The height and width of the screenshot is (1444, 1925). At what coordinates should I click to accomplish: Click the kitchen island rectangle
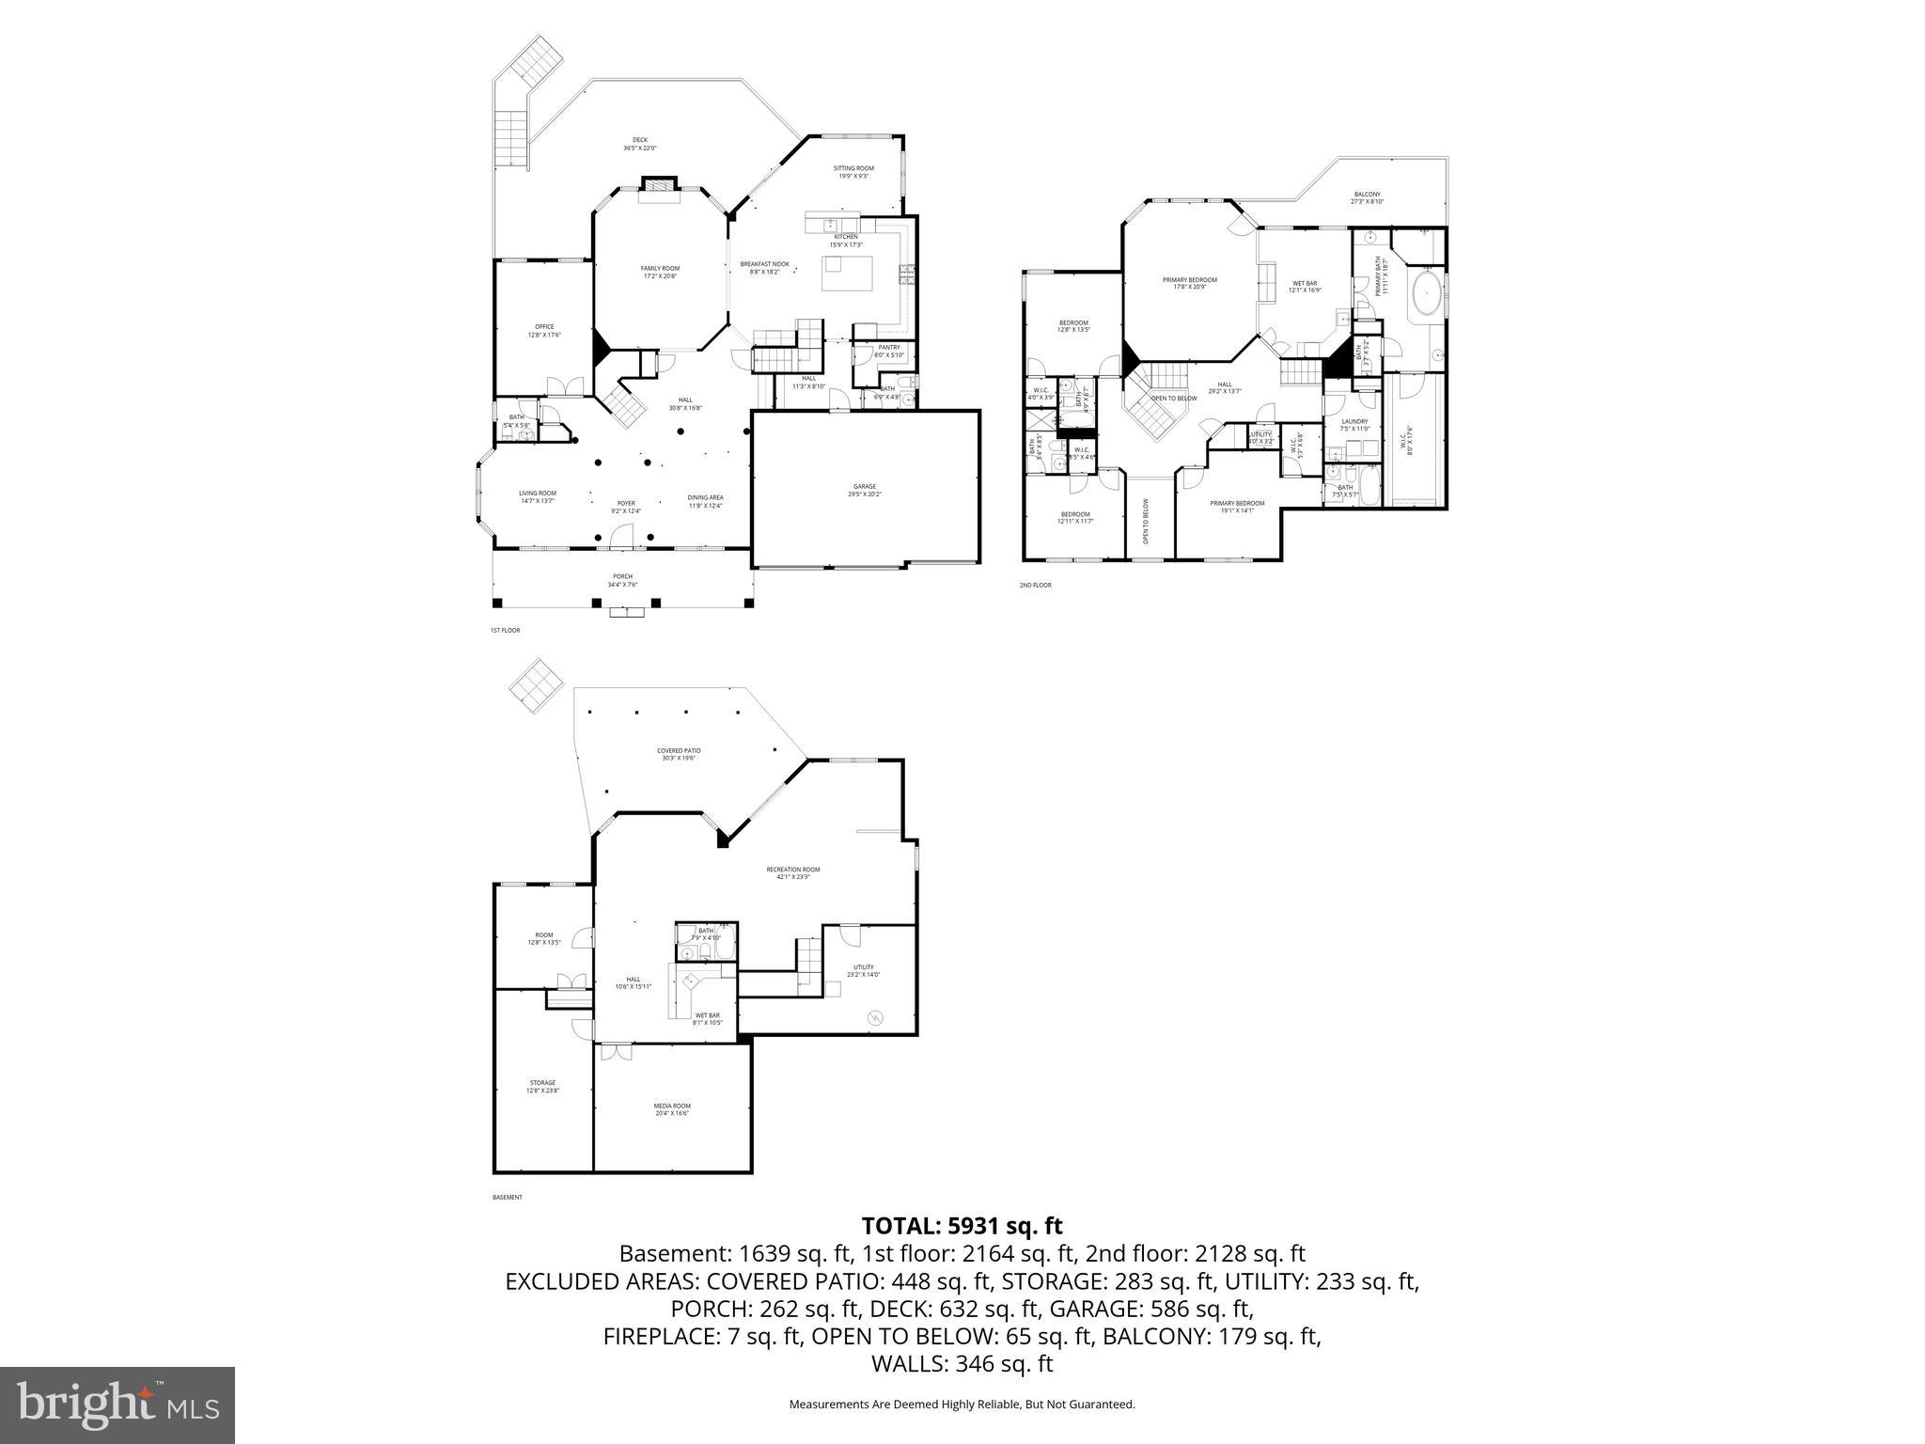tap(847, 274)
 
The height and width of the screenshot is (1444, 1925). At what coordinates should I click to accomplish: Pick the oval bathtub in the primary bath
tap(1427, 294)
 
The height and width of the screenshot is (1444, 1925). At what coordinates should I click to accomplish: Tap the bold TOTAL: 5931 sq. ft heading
tap(962, 1226)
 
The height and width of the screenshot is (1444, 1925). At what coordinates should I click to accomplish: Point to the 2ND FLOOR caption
tap(1035, 585)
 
